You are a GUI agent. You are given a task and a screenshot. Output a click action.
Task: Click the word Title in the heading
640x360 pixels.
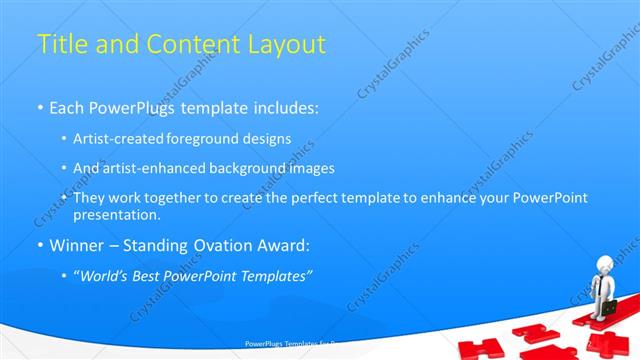59,45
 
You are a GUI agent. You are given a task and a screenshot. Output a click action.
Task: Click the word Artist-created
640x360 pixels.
118,138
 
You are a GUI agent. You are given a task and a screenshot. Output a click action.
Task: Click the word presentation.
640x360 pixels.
116,214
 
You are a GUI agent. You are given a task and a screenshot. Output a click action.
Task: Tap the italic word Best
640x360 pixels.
154,276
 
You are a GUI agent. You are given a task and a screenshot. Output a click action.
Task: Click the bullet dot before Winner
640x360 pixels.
40,246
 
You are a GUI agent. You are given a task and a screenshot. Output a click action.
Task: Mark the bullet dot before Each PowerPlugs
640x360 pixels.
40,108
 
